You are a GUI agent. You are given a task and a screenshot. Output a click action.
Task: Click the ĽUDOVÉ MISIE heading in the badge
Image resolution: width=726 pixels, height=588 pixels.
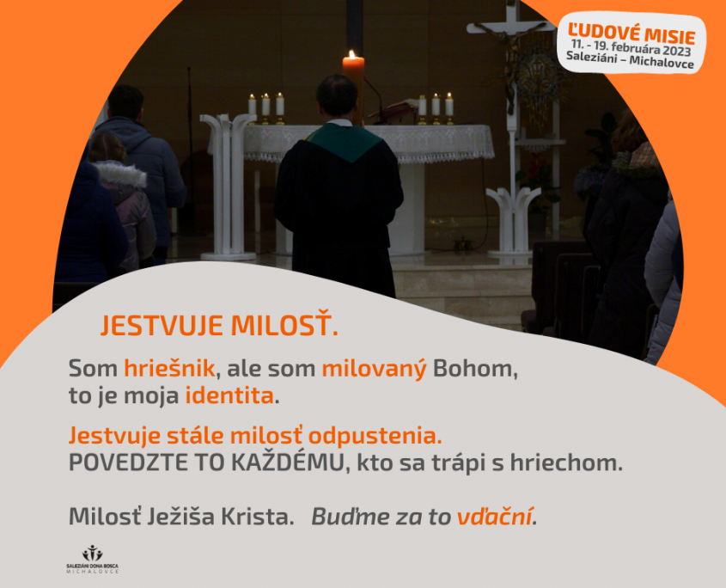pyautogui.click(x=631, y=34)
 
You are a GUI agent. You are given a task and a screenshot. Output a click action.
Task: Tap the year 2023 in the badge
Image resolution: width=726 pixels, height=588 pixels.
pyautogui.click(x=676, y=50)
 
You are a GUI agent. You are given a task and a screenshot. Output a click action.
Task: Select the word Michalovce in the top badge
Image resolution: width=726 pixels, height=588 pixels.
pyautogui.click(x=662, y=62)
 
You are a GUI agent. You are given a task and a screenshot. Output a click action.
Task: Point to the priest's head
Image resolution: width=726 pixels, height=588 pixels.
pyautogui.click(x=337, y=96)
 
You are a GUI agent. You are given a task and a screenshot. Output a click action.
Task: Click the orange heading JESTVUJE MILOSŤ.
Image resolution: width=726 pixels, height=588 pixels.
pyautogui.click(x=219, y=325)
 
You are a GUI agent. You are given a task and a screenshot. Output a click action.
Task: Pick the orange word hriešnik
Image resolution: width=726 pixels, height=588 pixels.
pyautogui.click(x=169, y=369)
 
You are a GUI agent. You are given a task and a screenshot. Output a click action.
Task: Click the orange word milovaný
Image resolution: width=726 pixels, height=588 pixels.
pyautogui.click(x=374, y=370)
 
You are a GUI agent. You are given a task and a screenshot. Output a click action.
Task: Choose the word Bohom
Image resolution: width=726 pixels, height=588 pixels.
pyautogui.click(x=475, y=370)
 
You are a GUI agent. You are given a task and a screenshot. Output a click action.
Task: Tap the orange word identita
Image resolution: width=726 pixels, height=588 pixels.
pyautogui.click(x=229, y=396)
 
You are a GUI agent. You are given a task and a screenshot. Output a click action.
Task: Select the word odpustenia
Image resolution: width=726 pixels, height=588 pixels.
pyautogui.click(x=375, y=436)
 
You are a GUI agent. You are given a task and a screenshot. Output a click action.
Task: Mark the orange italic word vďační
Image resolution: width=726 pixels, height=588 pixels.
pyautogui.click(x=495, y=517)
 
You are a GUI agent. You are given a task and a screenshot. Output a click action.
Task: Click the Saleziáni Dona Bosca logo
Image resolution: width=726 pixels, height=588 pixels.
pyautogui.click(x=93, y=559)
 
